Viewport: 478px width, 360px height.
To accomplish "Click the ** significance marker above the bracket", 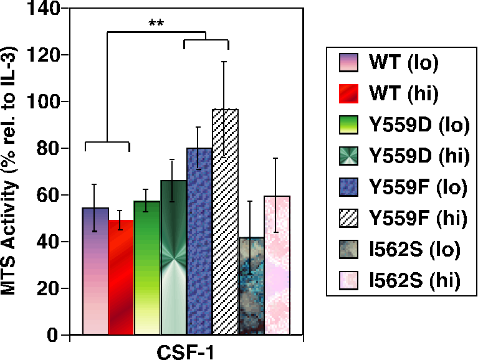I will tap(156, 24).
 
